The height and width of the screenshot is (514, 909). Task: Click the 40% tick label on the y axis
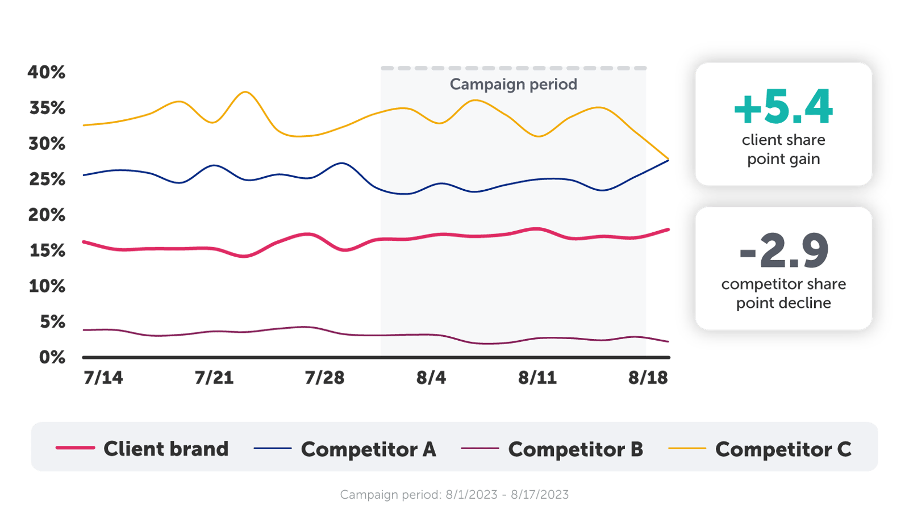(47, 73)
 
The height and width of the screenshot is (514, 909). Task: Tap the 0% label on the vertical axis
(52, 357)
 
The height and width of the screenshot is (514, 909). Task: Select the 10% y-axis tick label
(47, 286)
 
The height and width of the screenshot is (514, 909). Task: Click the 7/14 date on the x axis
(103, 378)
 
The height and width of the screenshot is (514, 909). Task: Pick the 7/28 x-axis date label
(324, 378)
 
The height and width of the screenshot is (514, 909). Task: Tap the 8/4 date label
(431, 378)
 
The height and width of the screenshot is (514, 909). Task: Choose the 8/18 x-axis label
(648, 378)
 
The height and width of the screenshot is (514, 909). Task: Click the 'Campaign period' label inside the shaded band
(514, 85)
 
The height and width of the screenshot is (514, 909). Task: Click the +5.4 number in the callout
(783, 107)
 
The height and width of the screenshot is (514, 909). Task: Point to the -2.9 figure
(783, 251)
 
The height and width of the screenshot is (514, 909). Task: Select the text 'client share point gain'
(783, 149)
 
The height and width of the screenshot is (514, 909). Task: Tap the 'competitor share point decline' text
(783, 293)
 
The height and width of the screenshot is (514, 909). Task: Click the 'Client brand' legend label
(166, 449)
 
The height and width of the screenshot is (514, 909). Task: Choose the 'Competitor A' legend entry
(368, 449)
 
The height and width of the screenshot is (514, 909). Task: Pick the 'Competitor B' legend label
(576, 449)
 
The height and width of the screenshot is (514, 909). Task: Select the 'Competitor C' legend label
(783, 449)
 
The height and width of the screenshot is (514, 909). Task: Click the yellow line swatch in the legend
(687, 449)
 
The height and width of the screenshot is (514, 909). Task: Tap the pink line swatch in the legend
(75, 448)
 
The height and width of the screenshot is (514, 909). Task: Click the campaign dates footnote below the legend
(454, 495)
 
